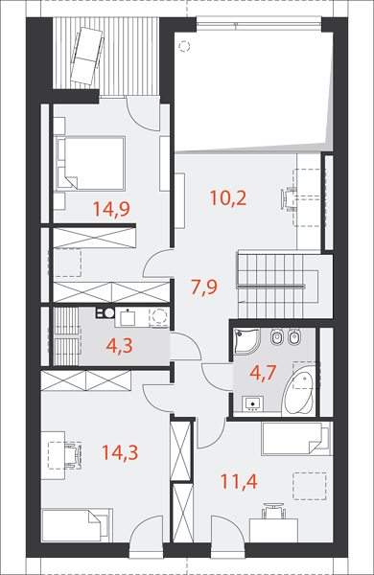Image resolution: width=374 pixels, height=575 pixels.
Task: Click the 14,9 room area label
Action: click(111, 209)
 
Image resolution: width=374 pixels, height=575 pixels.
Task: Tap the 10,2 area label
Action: click(228, 197)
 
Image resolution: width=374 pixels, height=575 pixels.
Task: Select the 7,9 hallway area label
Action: click(204, 287)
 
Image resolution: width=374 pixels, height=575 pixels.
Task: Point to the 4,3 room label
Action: click(119, 346)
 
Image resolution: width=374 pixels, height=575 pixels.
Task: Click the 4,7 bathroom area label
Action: click(263, 373)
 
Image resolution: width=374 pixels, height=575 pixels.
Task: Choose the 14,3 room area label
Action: click(120, 452)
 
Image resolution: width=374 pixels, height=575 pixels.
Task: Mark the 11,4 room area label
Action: click(239, 481)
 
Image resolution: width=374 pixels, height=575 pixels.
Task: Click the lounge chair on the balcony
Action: click(87, 57)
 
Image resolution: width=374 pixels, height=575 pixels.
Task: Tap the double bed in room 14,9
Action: click(89, 163)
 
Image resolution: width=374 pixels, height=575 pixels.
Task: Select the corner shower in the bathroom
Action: click(246, 341)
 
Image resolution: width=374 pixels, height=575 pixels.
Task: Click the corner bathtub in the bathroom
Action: click(299, 394)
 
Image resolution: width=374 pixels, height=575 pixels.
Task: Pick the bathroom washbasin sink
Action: click(252, 403)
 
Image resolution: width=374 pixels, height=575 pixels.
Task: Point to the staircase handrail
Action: click(271, 286)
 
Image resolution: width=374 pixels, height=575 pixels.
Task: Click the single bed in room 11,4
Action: click(295, 439)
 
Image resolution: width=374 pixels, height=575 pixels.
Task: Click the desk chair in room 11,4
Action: click(273, 511)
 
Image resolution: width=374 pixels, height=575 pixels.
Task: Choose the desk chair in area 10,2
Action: click(289, 199)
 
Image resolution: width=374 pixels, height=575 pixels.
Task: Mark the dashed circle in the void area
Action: click(183, 46)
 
